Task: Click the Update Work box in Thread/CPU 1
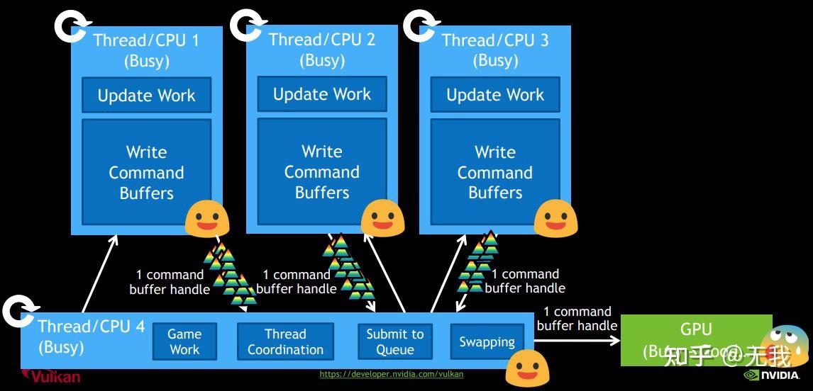pos(146,95)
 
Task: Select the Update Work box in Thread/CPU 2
pos(321,94)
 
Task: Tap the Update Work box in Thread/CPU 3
pos(495,94)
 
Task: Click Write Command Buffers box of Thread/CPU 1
pos(146,172)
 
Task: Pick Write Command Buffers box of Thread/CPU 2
pos(321,171)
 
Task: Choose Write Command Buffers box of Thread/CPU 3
pos(495,171)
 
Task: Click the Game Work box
pos(184,341)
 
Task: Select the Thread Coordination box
pos(285,341)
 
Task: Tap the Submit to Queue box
pos(394,341)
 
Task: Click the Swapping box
pos(487,342)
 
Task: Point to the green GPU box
pos(696,340)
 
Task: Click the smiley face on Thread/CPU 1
pos(206,217)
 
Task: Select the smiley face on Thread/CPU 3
pos(555,217)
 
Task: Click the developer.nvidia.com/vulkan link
pos(391,374)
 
